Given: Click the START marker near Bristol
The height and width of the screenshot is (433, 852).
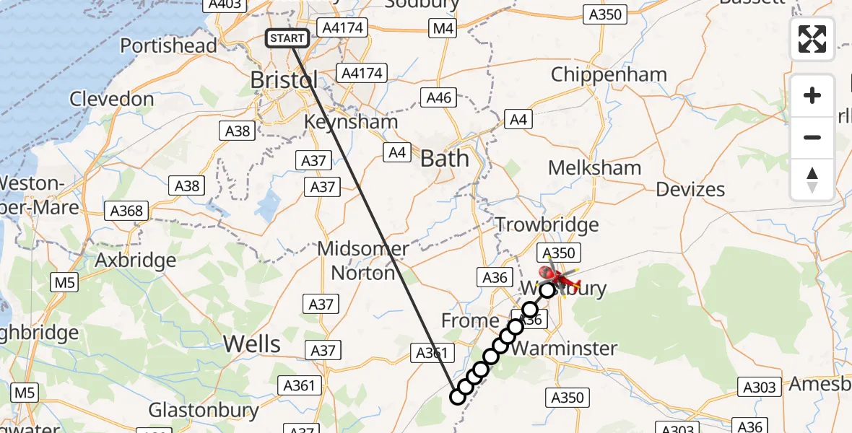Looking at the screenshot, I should point(288,38).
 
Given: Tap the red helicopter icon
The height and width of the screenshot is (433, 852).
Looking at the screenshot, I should point(559,276).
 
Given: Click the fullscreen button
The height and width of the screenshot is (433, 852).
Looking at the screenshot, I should point(812,39).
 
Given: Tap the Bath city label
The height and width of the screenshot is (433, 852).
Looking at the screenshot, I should point(444,159).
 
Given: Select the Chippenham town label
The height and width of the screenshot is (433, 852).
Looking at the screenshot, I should point(609,74).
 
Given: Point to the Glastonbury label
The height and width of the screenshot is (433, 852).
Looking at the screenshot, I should point(204,411).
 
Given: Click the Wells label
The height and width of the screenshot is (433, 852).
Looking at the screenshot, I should point(252,344).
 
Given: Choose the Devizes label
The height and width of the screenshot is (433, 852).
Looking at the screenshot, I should point(690,189).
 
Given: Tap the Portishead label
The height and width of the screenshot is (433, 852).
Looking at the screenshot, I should point(168,45).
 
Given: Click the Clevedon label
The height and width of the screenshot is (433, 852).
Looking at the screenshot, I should point(111,99).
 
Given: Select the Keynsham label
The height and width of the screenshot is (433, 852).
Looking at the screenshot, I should point(351,121).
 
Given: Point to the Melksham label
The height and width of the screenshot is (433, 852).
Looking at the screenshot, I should point(594,167).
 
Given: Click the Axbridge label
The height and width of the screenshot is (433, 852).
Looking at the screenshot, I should point(136,260).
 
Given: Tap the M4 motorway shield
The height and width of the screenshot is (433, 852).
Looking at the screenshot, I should point(442,28).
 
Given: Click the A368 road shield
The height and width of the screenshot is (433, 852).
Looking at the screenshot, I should point(127,211).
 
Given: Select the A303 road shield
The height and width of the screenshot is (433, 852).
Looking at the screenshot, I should point(759,388).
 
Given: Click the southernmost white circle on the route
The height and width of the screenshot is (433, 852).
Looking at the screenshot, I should point(457,396).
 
